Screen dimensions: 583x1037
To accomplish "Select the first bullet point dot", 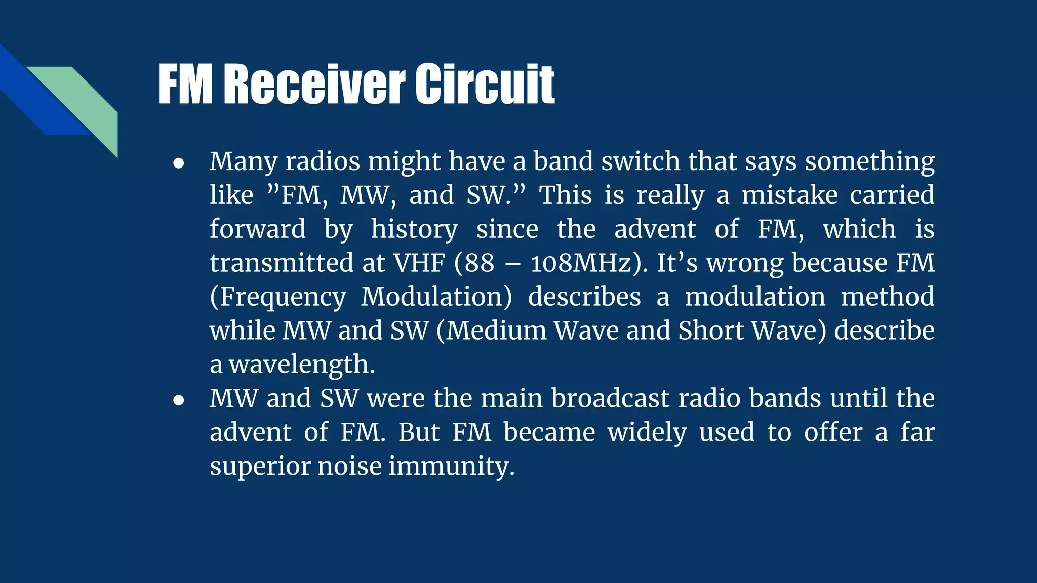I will tap(178, 163).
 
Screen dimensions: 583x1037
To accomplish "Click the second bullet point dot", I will tap(178, 400).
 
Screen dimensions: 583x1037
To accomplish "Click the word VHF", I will tap(419, 263).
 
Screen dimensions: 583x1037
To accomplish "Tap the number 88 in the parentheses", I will tap(479, 263).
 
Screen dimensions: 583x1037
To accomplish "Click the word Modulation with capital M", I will tap(436, 297).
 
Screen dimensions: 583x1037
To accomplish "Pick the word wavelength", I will tap(302, 365).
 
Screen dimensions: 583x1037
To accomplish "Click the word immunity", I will tap(451, 466).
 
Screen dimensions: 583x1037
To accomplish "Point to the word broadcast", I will tap(610, 398).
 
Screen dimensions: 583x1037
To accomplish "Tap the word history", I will tap(414, 229).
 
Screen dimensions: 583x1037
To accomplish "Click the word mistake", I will tap(789, 195).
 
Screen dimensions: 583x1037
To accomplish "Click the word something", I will tap(869, 162).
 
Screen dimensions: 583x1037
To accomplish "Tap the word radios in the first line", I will tap(323, 161).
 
